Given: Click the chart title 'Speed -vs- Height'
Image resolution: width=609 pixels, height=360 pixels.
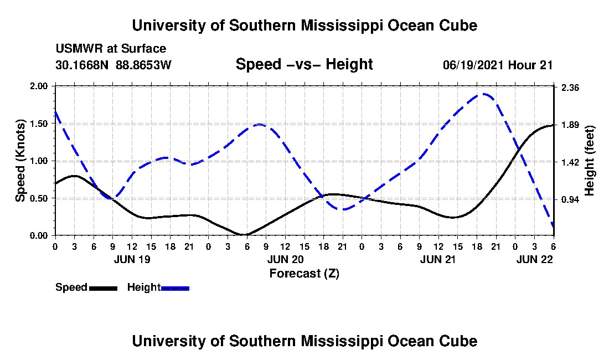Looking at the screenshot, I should pos(304,64).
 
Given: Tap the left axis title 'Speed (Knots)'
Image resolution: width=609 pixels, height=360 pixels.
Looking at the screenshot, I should pos(20,161).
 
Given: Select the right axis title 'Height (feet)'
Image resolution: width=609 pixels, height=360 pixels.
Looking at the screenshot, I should pos(589,161).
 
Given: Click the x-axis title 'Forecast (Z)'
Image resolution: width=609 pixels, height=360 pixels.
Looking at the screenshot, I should pos(304,273).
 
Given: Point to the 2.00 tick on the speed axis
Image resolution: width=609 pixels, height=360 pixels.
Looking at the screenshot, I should pos(39,86).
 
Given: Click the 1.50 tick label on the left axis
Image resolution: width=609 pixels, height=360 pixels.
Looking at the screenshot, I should pos(39,124).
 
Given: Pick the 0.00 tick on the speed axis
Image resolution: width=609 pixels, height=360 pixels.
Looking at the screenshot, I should pos(39,235).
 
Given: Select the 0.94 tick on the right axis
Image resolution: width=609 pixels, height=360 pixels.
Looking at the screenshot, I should pos(570,199).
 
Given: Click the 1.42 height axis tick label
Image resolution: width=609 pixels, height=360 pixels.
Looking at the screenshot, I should pos(570,162).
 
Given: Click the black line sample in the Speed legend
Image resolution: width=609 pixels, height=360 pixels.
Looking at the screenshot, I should pos(103,288).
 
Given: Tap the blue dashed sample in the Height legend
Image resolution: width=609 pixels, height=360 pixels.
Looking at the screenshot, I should pos(175,288).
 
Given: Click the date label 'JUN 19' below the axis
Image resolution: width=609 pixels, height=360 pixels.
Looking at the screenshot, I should pos(132,259).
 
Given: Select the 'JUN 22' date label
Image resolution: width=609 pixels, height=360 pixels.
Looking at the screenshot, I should pos(534,259).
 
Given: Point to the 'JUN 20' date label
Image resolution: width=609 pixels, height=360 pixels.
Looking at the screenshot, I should pos(285,259).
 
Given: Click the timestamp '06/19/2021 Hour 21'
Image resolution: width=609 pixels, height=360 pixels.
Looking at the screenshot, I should pos(498,65).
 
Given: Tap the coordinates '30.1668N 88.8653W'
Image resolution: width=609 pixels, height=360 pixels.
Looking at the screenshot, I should pos(113,65).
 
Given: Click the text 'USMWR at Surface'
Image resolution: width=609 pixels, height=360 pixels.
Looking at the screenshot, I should pos(111,49).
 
